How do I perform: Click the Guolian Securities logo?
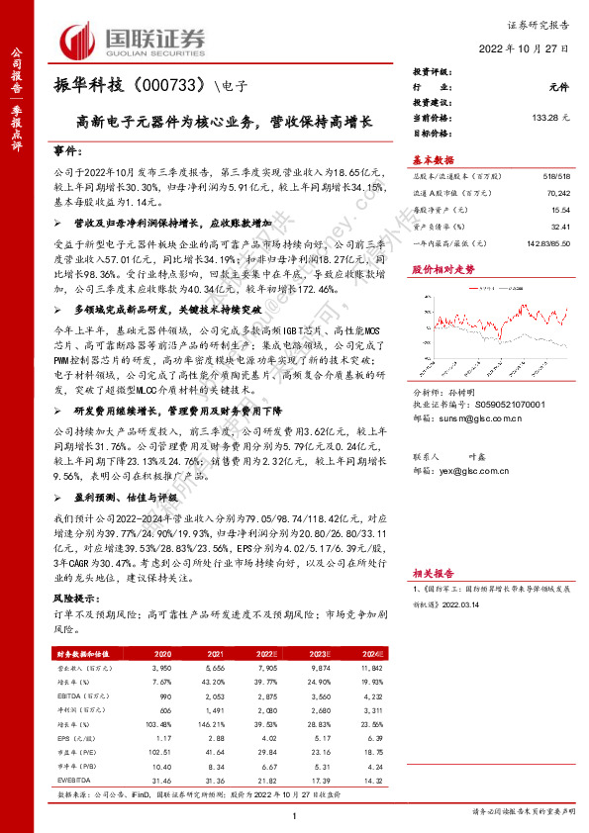coord(133,40)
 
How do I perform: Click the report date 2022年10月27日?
coord(525,47)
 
